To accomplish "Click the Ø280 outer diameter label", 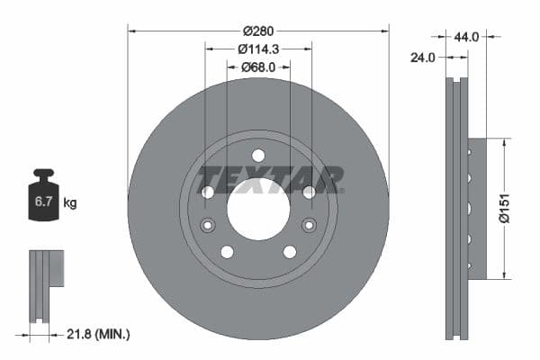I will pyautogui.click(x=258, y=21).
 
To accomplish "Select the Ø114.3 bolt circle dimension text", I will pyautogui.click(x=258, y=49).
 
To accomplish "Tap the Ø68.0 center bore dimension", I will pyautogui.click(x=258, y=67).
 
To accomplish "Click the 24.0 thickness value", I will pyautogui.click(x=422, y=57).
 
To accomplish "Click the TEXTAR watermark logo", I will pyautogui.click(x=270, y=179).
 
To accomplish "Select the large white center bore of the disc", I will pyautogui.click(x=258, y=209).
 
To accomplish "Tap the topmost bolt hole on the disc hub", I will pyautogui.click(x=258, y=155).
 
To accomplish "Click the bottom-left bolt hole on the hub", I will pyautogui.click(x=227, y=252).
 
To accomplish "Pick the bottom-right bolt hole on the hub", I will pyautogui.click(x=290, y=252).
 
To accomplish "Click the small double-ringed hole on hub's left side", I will pyautogui.click(x=208, y=225).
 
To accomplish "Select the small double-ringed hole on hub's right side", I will pyautogui.click(x=310, y=225).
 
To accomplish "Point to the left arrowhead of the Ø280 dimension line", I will pyautogui.click(x=131, y=30).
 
